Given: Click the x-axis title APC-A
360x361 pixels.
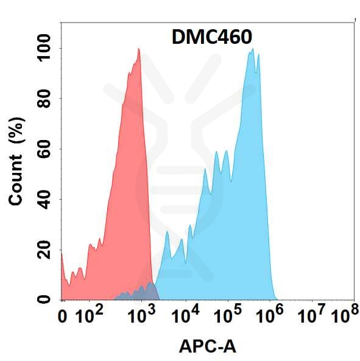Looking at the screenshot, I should tap(207, 347).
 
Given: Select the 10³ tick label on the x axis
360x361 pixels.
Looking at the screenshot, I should tap(141, 315).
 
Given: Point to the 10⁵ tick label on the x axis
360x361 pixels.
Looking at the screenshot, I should tap(228, 315).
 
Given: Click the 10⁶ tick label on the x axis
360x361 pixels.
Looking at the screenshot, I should tap(270, 315).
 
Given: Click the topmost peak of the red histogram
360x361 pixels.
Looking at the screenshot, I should tap(139, 49).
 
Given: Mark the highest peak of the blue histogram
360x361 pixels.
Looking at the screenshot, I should tap(250, 51).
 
